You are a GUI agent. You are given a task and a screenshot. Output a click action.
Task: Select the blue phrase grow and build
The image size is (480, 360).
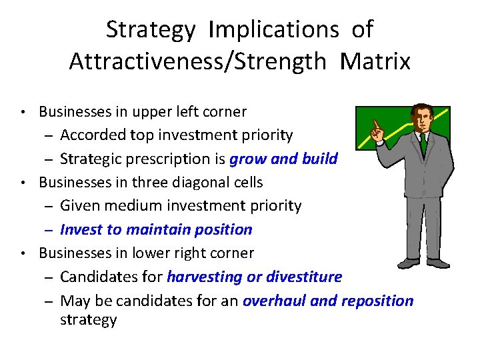283,159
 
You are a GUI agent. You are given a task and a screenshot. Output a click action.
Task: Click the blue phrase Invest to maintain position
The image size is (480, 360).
156,230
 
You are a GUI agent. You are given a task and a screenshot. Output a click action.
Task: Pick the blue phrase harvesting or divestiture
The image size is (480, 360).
254,277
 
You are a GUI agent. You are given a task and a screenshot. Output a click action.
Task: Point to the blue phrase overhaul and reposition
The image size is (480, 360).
328,301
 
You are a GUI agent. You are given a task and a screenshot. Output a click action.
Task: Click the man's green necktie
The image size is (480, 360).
423,143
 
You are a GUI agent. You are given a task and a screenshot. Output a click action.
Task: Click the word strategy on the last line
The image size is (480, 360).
88,320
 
